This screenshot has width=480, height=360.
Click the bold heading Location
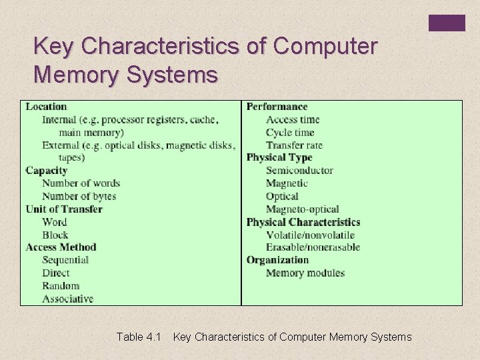coord(46,107)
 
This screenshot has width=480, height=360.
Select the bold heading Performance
coord(277,107)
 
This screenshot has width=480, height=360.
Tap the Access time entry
coord(293,120)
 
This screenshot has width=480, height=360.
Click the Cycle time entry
coord(290,133)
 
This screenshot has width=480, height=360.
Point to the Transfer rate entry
coord(294,145)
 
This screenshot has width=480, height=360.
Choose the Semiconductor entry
coord(299,171)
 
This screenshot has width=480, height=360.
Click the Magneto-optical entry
coord(302,209)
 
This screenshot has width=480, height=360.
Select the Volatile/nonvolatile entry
coord(310,235)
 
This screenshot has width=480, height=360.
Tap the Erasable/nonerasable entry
coord(313,247)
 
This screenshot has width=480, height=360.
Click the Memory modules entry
coord(305,273)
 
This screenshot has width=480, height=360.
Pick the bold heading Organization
coord(277,260)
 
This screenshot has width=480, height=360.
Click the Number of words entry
coord(81,183)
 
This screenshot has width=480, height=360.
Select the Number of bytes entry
coord(79,196)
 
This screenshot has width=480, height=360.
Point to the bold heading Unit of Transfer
coord(64,209)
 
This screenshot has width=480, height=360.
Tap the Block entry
coord(55,235)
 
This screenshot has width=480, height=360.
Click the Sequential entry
coord(65,260)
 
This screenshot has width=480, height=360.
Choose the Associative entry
coord(67,299)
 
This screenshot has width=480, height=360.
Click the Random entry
coord(61,285)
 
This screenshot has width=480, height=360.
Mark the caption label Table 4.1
coord(139,337)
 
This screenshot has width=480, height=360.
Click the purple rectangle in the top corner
coord(447,23)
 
